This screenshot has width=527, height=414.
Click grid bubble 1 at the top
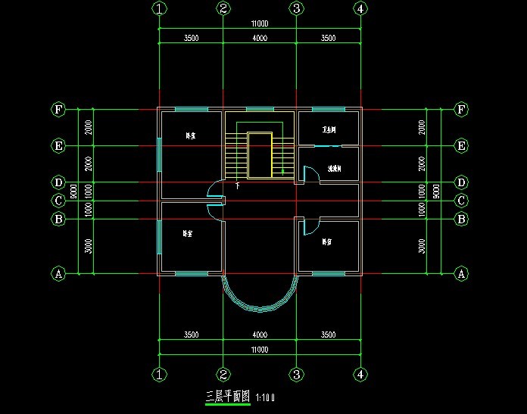tap(159, 8)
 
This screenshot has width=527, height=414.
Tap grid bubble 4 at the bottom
tap(360, 375)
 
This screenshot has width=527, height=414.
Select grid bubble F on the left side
tap(58, 110)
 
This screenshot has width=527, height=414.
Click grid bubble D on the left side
tap(58, 182)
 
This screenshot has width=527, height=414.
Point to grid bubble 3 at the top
tap(296, 8)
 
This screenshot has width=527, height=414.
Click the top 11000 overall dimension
tap(260, 24)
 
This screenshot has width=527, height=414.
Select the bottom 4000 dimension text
tap(260, 334)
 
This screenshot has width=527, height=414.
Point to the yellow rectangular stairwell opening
tap(260, 155)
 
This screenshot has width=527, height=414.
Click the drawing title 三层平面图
tap(229, 396)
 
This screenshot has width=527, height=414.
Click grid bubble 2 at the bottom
tap(223, 375)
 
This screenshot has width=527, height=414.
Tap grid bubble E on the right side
tap(460, 145)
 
